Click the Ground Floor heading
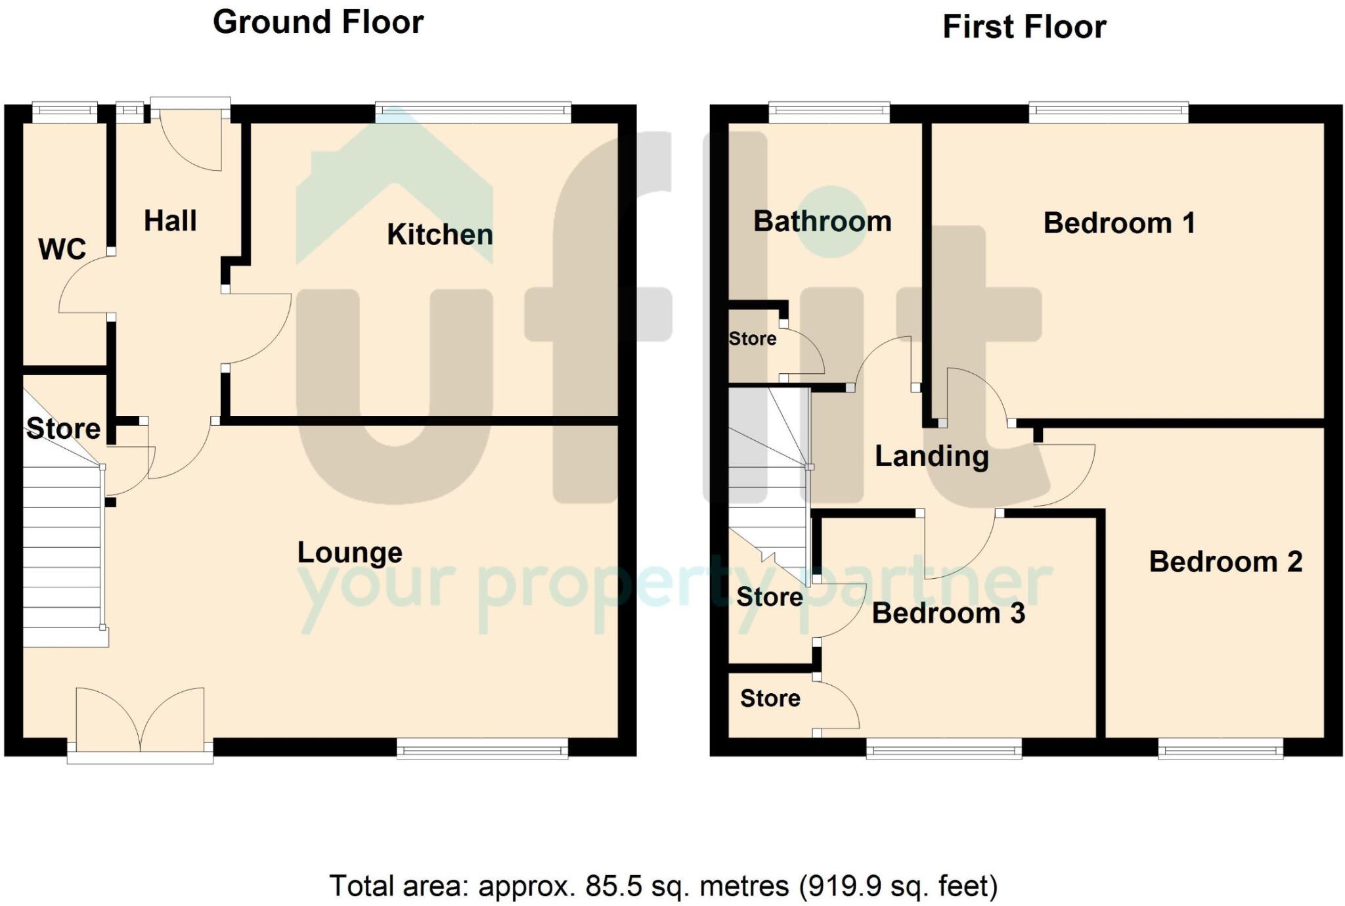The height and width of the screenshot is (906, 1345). pyautogui.click(x=318, y=22)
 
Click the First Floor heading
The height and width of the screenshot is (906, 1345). pyautogui.click(x=1024, y=28)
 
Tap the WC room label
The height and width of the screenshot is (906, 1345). pyautogui.click(x=62, y=250)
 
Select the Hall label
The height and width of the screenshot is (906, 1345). pyautogui.click(x=170, y=221)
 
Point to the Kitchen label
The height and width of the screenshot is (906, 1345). pyautogui.click(x=439, y=235)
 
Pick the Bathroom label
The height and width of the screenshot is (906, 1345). pyautogui.click(x=822, y=221)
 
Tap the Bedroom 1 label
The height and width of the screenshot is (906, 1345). pyautogui.click(x=1118, y=223)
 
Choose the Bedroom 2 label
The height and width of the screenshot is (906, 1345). pyautogui.click(x=1225, y=562)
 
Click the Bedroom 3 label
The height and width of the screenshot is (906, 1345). pyautogui.click(x=948, y=613)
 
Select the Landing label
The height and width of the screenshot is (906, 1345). pyautogui.click(x=931, y=456)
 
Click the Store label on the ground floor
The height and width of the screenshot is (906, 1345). pyautogui.click(x=64, y=429)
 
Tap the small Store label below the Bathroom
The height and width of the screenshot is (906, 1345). pyautogui.click(x=753, y=339)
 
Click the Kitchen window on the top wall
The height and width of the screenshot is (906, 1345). pyautogui.click(x=473, y=112)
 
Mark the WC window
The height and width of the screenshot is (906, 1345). pyautogui.click(x=64, y=112)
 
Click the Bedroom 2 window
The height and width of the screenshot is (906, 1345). pyautogui.click(x=1220, y=748)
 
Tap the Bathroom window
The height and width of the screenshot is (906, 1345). pyautogui.click(x=829, y=112)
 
